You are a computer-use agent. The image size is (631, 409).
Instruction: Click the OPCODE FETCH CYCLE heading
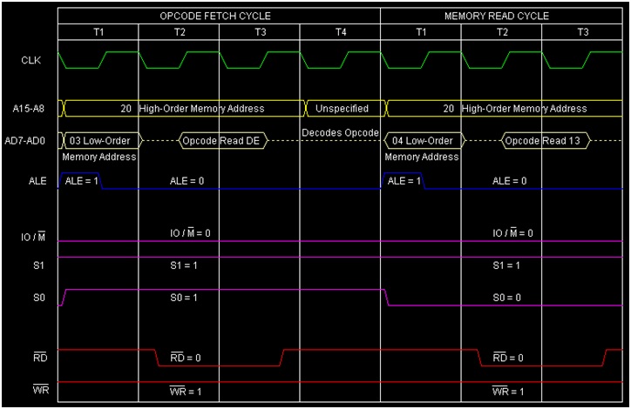coord(215,16)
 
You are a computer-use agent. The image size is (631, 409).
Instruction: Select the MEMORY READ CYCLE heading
coord(497,16)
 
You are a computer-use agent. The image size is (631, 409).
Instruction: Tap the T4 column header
coord(340,32)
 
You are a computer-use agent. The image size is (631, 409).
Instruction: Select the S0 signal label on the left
coord(29,298)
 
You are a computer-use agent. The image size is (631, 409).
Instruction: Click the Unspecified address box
coord(341,109)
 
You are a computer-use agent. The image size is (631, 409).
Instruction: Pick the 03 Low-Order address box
coord(98,140)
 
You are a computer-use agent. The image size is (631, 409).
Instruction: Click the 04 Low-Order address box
coord(422,140)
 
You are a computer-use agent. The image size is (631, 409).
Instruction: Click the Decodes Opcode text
coord(341,132)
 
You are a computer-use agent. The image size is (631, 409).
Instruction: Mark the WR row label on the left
coord(29,390)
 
